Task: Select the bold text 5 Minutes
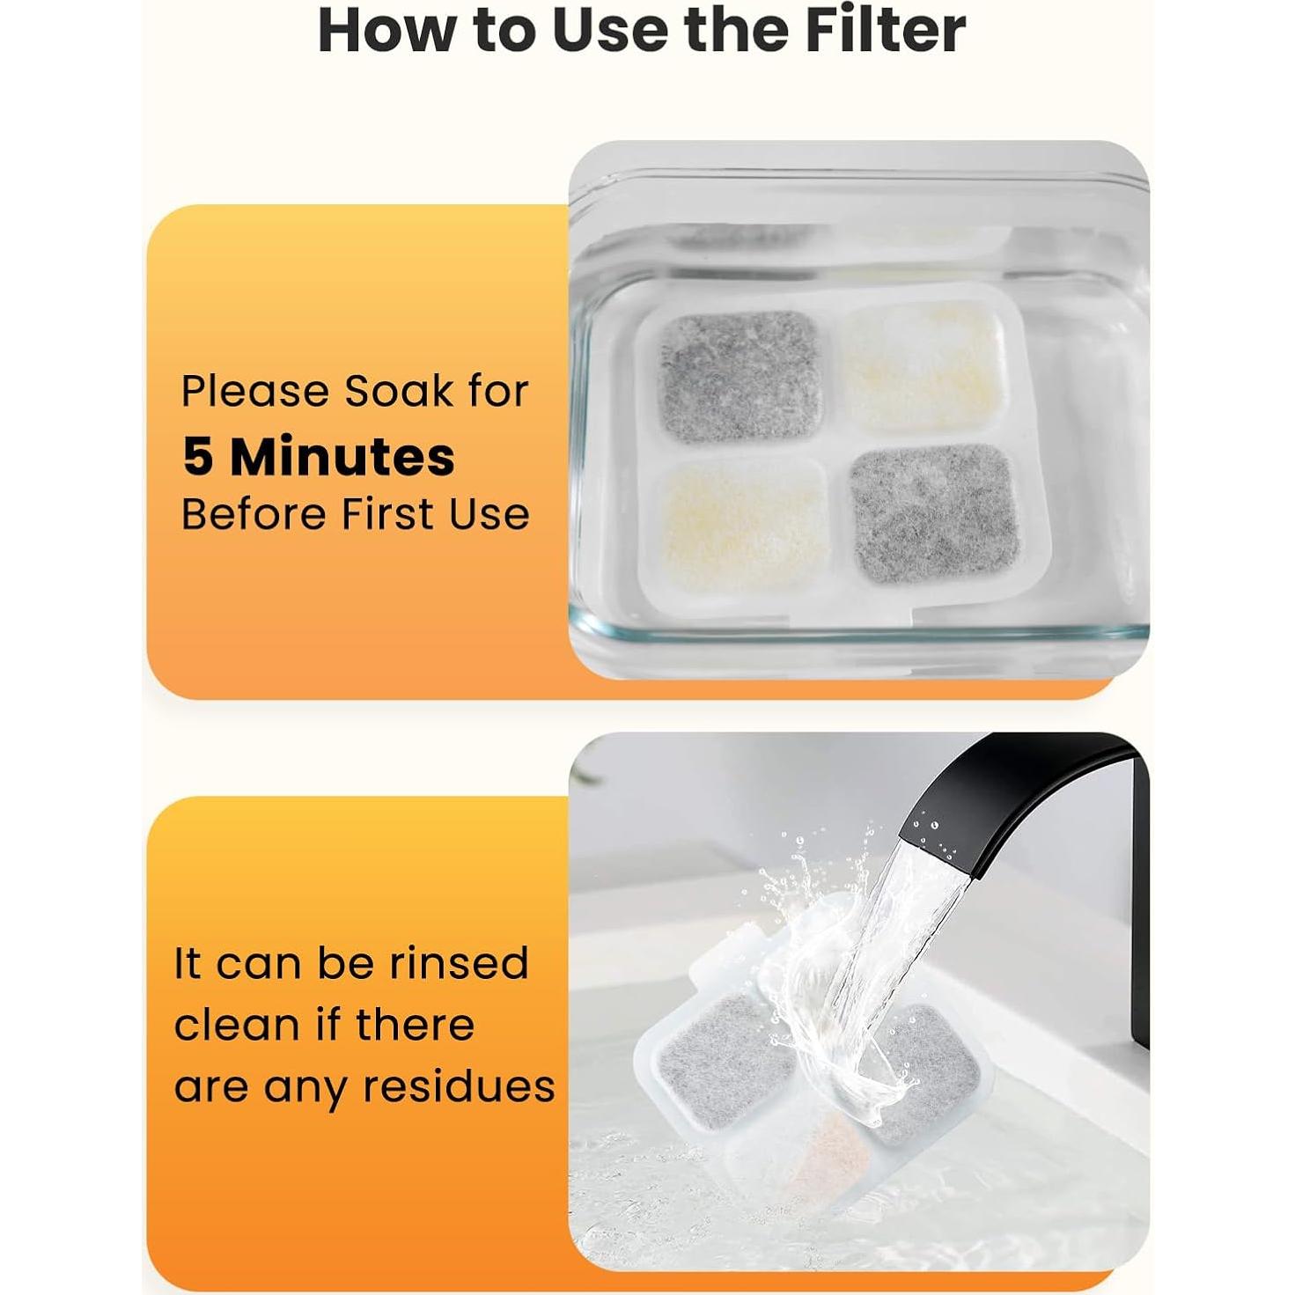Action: [319, 456]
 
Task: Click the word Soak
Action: [399, 391]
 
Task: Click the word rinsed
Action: [459, 963]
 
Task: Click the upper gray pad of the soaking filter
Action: [739, 377]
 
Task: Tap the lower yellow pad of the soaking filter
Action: [745, 526]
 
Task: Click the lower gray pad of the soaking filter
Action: [933, 513]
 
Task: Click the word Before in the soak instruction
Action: [252, 514]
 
